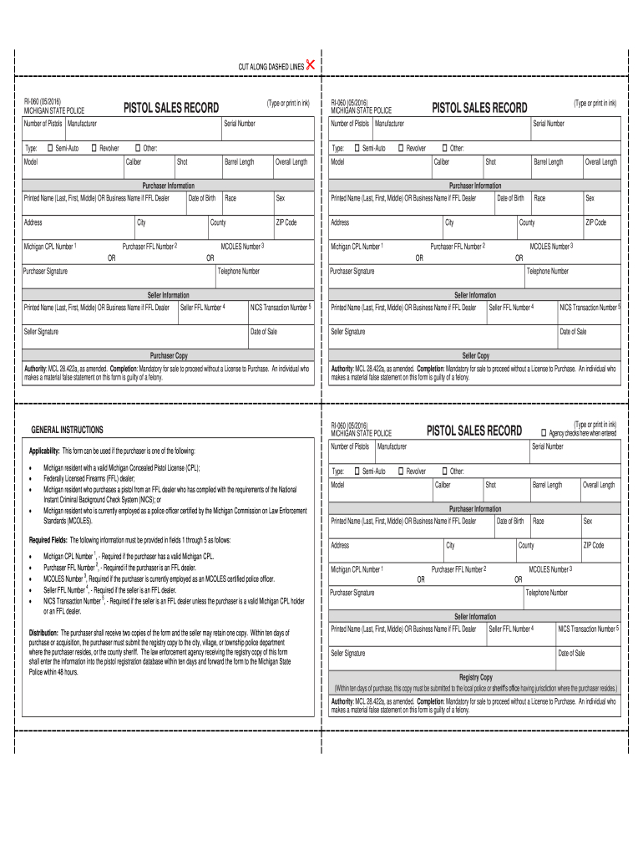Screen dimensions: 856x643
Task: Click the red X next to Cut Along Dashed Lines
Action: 311,65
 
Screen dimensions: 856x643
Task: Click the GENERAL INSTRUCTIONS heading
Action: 67,430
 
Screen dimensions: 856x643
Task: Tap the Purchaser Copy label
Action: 169,355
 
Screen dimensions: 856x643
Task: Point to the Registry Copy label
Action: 476,677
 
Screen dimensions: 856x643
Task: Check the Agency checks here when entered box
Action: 543,433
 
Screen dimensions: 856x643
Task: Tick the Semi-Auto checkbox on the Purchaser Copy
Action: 50,148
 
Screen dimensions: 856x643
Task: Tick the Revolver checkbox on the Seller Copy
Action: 400,148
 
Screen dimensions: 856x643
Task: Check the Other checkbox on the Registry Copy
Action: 444,471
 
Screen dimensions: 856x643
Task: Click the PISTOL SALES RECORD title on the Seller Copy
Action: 479,108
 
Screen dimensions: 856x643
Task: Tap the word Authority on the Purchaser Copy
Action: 35,368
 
